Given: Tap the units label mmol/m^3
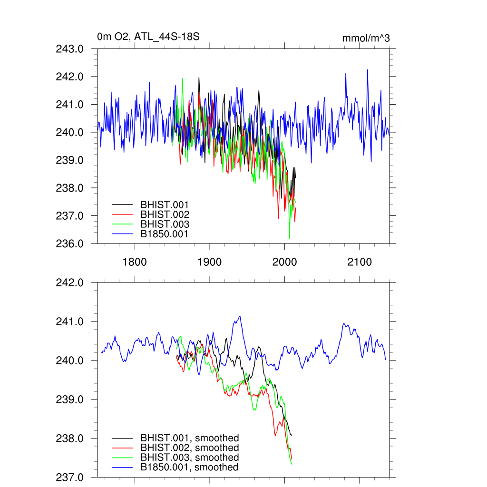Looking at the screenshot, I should tap(366, 38).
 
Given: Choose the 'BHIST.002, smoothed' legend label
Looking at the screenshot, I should tap(189, 448).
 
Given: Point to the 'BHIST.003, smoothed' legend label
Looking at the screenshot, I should tap(189, 458).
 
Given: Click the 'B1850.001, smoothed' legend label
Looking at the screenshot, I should tap(189, 468).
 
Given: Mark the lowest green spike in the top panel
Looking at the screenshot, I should tap(289, 238).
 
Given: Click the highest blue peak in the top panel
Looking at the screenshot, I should tap(368, 70).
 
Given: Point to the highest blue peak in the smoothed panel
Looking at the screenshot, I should tap(240, 316).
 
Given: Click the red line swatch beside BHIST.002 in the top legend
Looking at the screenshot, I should tap(122, 214).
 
